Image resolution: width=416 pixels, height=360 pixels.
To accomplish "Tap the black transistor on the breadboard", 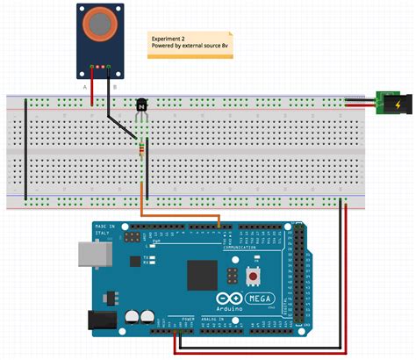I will point(143,107).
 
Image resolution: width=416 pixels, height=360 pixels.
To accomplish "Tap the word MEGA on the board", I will point(262,297).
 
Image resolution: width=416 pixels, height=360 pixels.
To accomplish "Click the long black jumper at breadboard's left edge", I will point(25,149).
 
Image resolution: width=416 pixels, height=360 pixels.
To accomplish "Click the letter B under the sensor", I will point(114,86).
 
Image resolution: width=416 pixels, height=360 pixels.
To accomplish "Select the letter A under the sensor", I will point(84,86).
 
